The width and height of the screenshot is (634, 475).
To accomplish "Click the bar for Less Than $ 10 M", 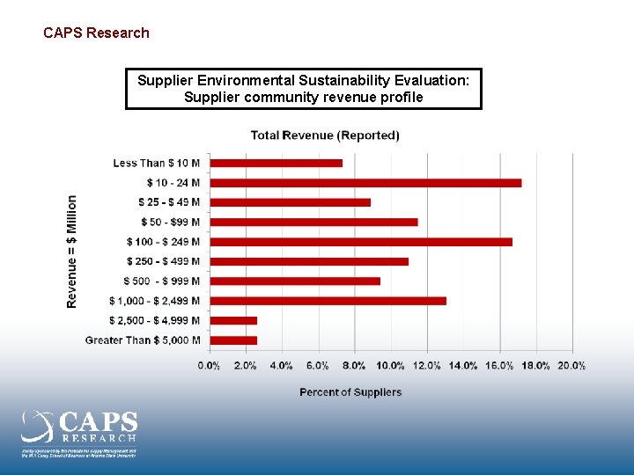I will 276,163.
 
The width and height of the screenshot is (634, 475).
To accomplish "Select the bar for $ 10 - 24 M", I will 365,183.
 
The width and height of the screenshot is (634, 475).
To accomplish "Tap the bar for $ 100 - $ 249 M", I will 361,242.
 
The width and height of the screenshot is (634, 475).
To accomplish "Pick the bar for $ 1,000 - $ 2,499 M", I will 328,301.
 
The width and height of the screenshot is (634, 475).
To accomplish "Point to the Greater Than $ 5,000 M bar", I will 233,340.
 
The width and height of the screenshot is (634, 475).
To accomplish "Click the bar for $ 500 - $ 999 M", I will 295,281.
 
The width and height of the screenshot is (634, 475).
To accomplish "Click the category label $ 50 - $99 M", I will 170,223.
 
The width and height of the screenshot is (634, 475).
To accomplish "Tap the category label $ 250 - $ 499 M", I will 163,261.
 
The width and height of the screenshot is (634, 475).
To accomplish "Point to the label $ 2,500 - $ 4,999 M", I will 154,320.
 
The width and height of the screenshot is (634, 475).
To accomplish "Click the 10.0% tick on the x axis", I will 390,366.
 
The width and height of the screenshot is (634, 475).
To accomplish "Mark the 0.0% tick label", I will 209,366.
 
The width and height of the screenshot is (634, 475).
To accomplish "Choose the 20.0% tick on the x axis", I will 571,366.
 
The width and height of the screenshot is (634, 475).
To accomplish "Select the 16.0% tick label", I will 499,366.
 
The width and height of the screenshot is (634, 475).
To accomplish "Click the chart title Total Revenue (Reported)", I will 325,135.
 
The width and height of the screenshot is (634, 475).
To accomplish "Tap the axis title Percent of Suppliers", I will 350,392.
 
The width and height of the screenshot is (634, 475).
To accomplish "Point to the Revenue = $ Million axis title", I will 72,252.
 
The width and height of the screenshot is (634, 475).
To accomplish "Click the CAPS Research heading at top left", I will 96,33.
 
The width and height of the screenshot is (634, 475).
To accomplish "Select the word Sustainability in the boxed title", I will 338,81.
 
